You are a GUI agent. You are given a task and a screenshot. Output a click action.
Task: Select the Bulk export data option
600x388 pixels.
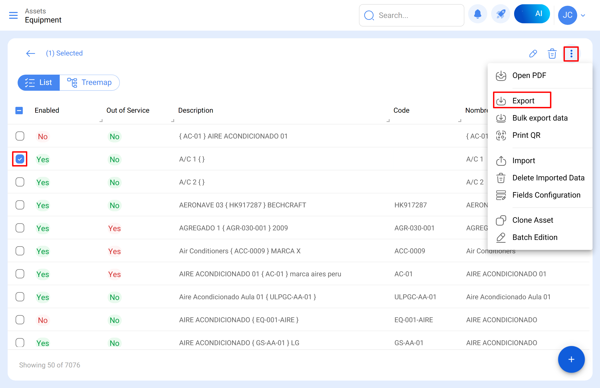tap(539, 118)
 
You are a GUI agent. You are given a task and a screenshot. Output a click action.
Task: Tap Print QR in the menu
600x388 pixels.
tap(526, 135)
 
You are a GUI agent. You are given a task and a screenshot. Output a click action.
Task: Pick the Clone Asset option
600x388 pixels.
tap(532, 220)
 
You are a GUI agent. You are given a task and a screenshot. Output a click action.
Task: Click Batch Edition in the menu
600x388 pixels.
tap(534, 237)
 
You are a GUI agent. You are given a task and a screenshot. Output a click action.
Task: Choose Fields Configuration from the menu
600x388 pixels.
tap(546, 195)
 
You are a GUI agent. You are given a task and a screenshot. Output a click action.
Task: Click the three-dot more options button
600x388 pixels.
tap(571, 54)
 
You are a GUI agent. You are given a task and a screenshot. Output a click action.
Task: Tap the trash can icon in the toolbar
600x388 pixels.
tap(552, 54)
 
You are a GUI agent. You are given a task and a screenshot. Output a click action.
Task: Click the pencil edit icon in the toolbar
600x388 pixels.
tap(533, 54)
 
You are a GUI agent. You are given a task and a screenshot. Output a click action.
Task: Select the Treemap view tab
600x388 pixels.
tap(89, 83)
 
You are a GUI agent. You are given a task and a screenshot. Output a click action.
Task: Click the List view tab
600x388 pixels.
tap(39, 83)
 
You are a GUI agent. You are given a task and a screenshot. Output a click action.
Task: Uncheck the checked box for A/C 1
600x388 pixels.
tap(20, 159)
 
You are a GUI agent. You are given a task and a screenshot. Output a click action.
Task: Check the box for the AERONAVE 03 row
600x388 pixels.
tap(20, 205)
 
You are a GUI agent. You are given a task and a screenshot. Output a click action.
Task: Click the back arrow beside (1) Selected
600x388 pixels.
tap(30, 53)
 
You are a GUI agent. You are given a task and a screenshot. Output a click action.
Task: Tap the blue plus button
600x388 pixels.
tap(571, 359)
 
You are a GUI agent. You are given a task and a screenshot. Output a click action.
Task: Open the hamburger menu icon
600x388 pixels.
tap(13, 15)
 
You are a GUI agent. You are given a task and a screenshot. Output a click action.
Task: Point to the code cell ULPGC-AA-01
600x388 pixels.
tap(415, 297)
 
